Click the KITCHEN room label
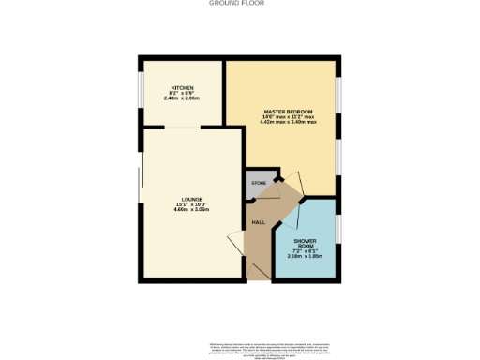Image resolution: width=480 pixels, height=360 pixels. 181,87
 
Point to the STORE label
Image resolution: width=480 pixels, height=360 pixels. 260,181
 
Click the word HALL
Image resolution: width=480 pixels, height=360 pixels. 257,222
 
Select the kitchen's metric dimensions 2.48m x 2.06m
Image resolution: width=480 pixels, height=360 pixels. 183,97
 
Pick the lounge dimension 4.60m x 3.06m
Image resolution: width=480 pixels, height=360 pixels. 191,210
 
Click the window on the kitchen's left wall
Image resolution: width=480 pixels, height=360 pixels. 142,92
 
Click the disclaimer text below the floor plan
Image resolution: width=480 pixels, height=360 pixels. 240,347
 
